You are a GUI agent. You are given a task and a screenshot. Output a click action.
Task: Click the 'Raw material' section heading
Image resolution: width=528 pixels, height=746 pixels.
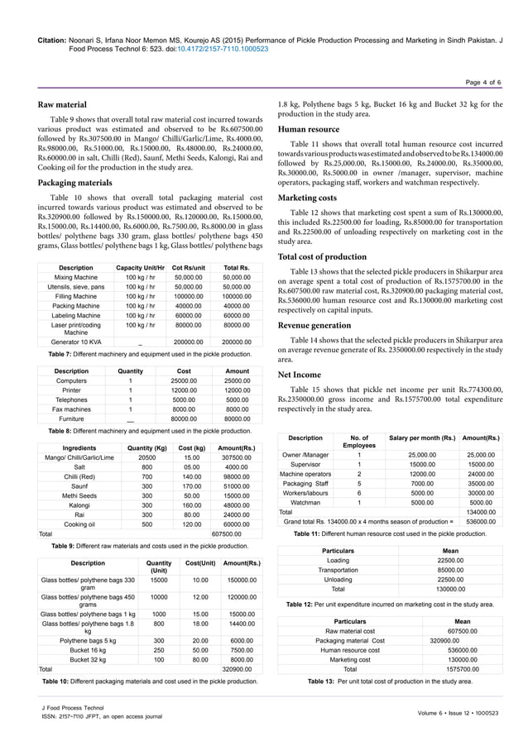(x=63, y=105)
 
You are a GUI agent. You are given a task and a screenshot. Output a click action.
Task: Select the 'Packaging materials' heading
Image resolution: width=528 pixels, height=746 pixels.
(x=77, y=182)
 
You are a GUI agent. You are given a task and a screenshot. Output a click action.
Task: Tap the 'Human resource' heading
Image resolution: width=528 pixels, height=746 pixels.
(x=309, y=129)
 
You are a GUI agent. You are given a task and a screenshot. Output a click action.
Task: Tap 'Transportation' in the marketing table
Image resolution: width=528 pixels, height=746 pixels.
(x=338, y=570)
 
